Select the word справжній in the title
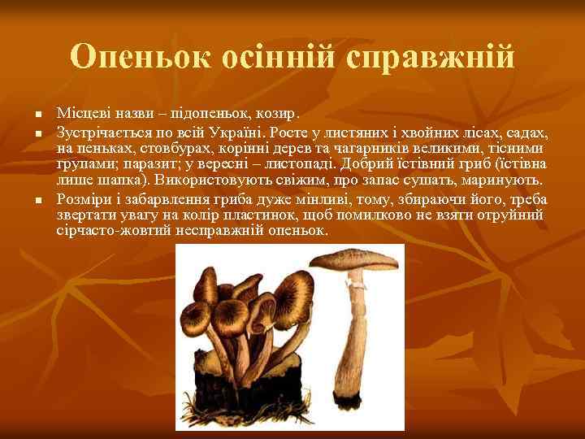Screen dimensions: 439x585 point(431,57)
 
